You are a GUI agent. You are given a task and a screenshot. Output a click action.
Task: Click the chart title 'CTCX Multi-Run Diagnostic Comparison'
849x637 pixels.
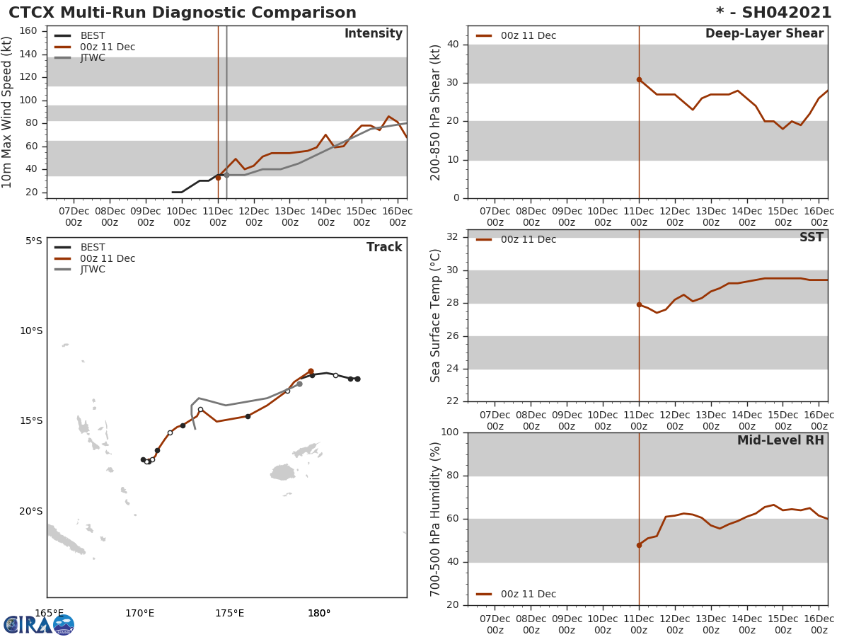183,13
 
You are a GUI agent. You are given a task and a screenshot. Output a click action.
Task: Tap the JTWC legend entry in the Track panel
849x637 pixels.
92,270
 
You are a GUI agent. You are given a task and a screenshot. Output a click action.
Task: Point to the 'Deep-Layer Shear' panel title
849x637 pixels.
764,34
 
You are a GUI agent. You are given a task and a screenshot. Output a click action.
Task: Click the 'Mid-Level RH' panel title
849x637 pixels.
780,440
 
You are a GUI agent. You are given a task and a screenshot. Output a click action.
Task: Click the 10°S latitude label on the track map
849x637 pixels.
30,331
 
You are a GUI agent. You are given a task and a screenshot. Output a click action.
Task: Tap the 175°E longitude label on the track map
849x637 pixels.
229,613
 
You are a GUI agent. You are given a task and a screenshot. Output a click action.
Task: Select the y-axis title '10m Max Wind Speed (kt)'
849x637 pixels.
8,112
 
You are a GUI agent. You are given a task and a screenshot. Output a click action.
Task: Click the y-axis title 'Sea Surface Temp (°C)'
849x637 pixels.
436,316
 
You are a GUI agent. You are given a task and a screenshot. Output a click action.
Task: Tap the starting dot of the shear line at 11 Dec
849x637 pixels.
639,79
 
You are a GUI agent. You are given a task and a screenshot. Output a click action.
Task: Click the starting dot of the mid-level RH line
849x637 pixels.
639,545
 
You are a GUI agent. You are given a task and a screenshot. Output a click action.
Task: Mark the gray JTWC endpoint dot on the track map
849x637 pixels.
299,384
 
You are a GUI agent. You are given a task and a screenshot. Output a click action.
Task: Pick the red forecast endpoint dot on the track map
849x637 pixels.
311,371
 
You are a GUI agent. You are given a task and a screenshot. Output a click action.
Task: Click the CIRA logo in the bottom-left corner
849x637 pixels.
39,624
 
